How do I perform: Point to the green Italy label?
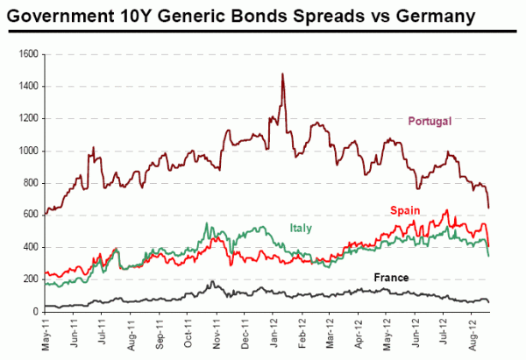tap(301, 229)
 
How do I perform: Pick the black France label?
tap(392, 278)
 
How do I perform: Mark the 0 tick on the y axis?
tap(35, 311)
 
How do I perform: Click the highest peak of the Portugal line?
tap(282, 74)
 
